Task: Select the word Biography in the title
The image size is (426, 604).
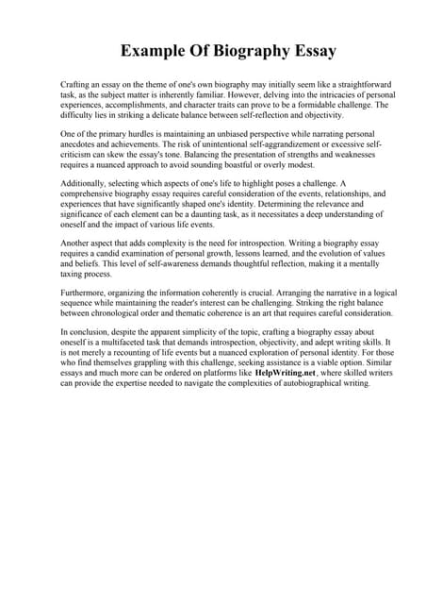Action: (246, 51)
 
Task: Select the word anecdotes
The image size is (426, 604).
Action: (81, 146)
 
